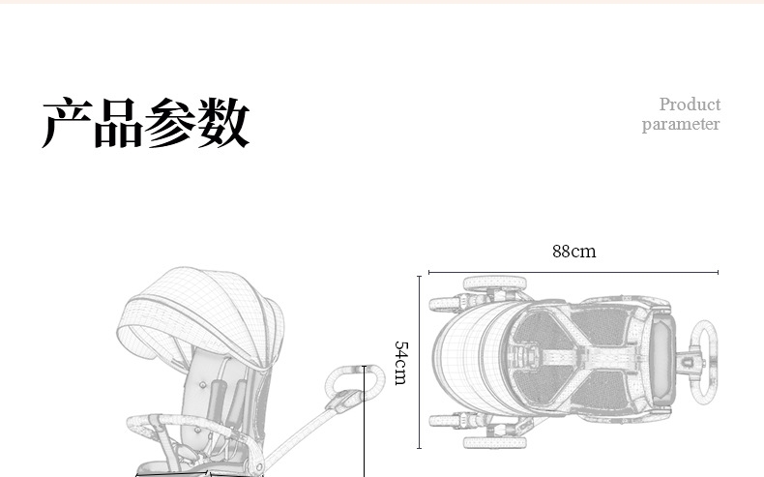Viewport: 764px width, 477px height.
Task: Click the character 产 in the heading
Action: pyautogui.click(x=68, y=122)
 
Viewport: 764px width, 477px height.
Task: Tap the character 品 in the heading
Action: pyautogui.click(x=119, y=122)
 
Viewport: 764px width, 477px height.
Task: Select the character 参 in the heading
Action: pyautogui.click(x=170, y=122)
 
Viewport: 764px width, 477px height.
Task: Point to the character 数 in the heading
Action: pyautogui.click(x=223, y=122)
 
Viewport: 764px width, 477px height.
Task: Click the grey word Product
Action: pyautogui.click(x=690, y=104)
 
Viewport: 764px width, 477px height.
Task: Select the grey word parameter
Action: pyautogui.click(x=681, y=124)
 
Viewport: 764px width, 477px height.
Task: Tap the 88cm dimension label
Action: pyautogui.click(x=574, y=252)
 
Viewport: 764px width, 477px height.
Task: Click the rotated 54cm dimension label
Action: pyautogui.click(x=400, y=363)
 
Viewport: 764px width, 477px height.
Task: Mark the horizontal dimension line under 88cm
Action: pyautogui.click(x=573, y=272)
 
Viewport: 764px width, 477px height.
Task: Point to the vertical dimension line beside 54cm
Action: pyautogui.click(x=419, y=362)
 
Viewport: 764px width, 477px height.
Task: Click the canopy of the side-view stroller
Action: pyautogui.click(x=200, y=316)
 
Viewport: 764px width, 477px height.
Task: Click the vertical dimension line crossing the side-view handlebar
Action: pyautogui.click(x=364, y=422)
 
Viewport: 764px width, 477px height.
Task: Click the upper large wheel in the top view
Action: pyautogui.click(x=495, y=283)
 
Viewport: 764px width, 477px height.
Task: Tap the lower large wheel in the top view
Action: pyautogui.click(x=495, y=442)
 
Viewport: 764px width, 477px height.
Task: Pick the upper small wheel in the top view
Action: pyautogui.click(x=445, y=304)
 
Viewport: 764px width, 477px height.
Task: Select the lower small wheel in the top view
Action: pyautogui.click(x=445, y=421)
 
